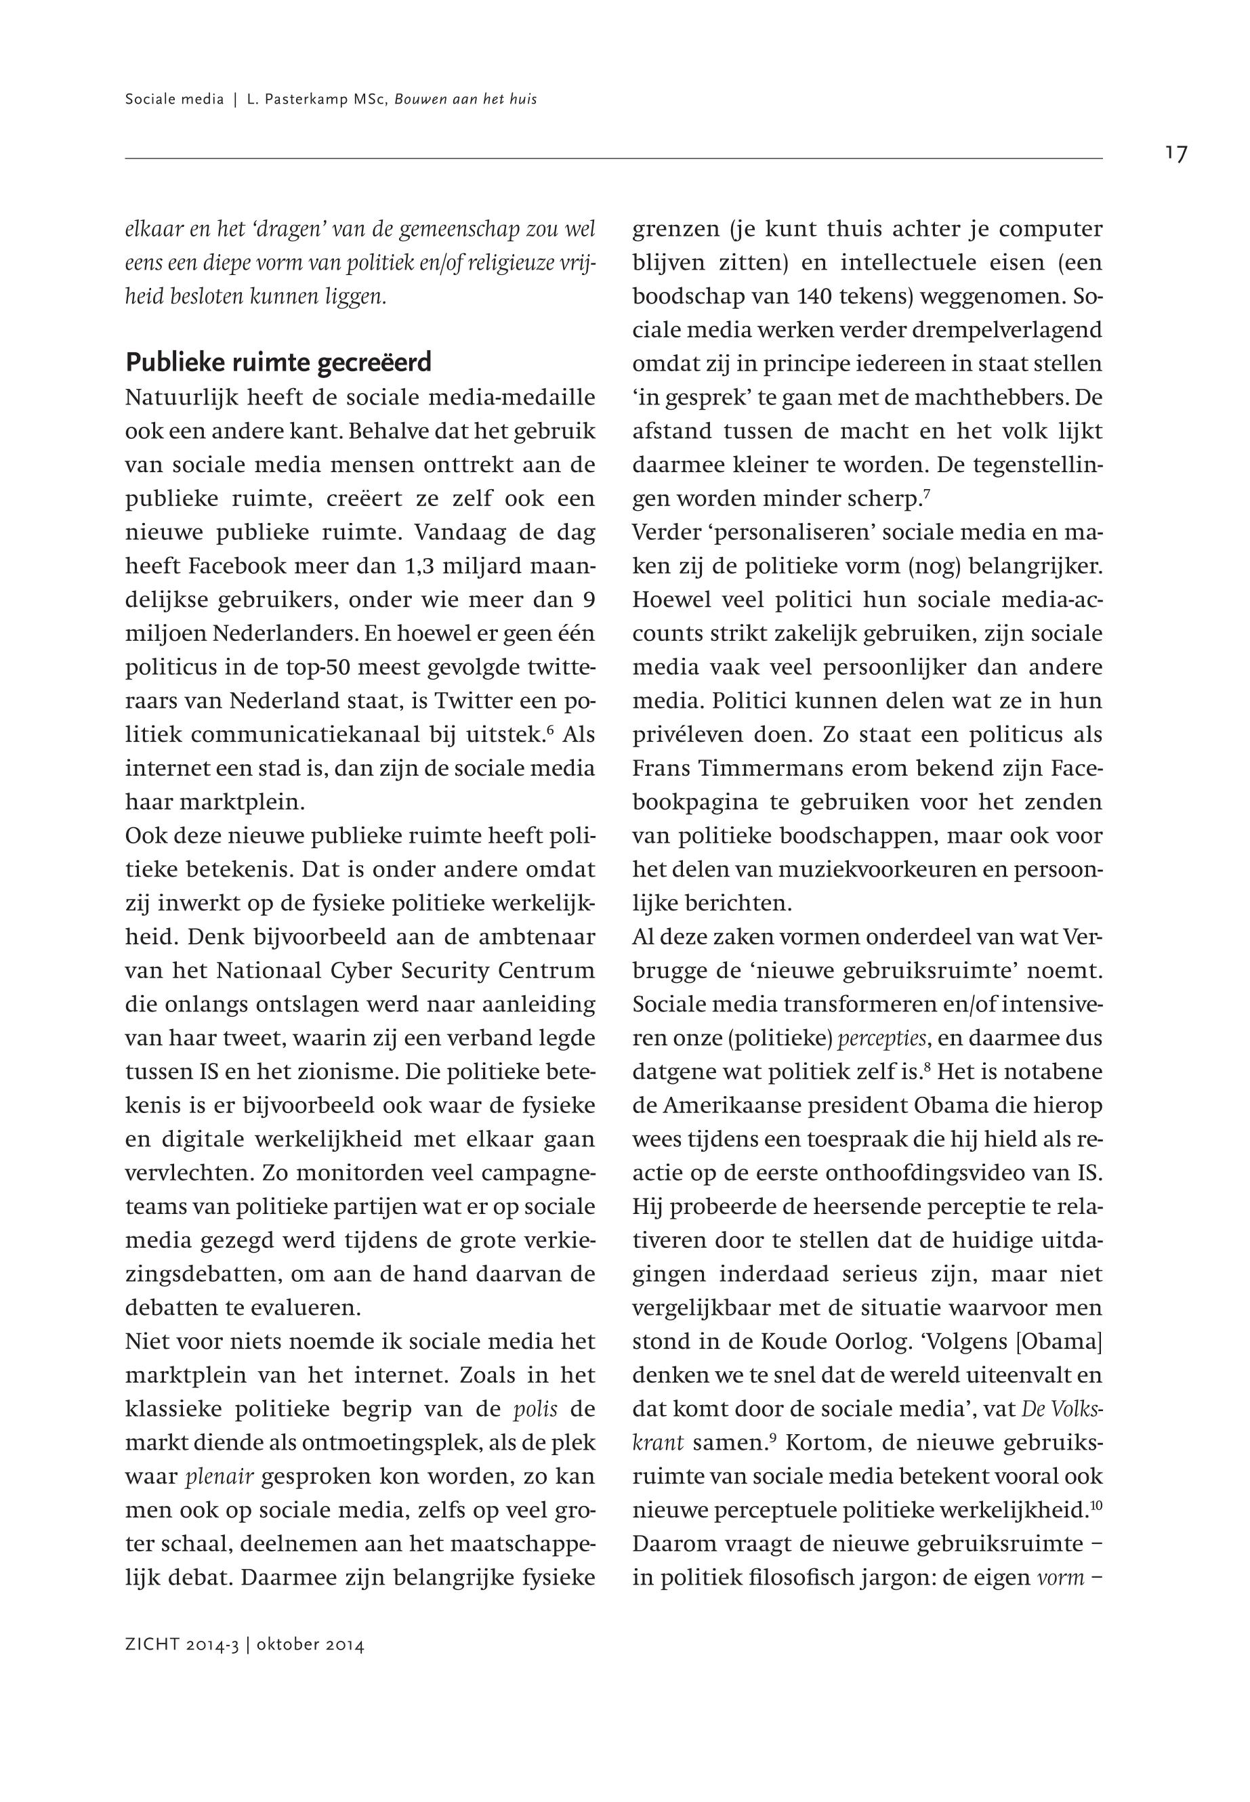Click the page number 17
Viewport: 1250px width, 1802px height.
click(x=1175, y=154)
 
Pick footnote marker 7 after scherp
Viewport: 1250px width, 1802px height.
click(x=927, y=493)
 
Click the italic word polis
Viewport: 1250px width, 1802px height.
click(x=535, y=1410)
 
